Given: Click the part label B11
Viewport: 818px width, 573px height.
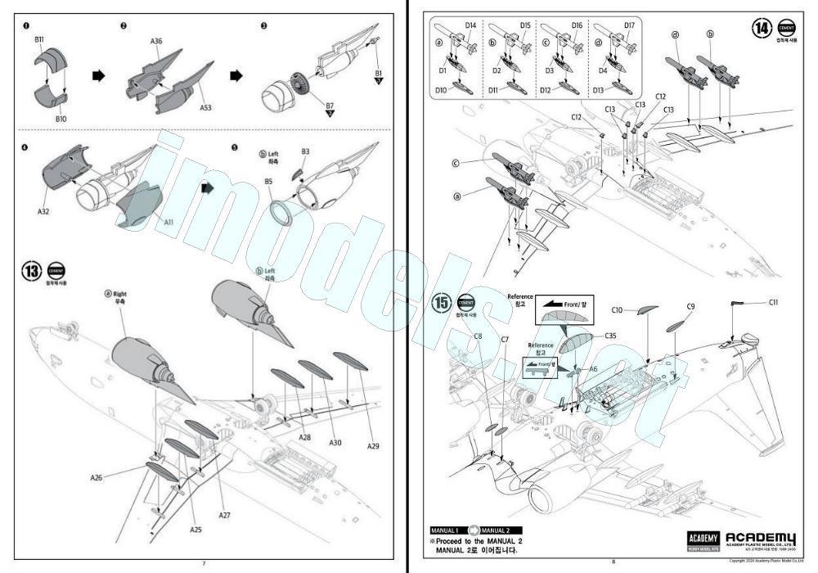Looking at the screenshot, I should point(40,39).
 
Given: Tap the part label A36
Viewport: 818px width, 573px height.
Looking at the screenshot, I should point(156,40).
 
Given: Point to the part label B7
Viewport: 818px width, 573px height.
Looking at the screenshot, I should point(330,106).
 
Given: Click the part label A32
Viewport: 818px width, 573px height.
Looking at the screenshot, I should point(43,210).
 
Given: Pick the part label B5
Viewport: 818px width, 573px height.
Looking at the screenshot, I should point(267,182).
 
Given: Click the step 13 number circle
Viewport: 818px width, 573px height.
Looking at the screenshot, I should point(34,271).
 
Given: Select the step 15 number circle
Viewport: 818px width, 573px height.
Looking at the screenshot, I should point(443,302).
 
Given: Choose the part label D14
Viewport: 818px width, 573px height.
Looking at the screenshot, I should point(470,25).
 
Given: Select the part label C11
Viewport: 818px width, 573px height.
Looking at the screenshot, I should point(773,303).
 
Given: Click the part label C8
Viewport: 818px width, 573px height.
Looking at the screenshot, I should point(479,336).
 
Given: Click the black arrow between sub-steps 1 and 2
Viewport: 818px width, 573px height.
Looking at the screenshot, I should point(98,75).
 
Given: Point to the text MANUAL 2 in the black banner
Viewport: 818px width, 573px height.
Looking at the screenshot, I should point(496,530).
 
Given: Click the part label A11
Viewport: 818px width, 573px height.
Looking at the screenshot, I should point(169,222).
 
